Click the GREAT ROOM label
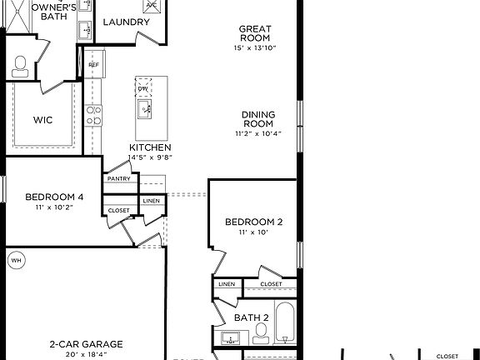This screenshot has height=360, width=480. click(x=254, y=32)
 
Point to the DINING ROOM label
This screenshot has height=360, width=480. click(x=258, y=119)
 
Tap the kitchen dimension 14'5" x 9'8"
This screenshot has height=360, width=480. click(x=150, y=156)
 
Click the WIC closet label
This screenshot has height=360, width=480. click(x=43, y=120)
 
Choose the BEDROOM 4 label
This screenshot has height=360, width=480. click(x=54, y=197)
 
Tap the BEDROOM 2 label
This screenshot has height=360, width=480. click(x=254, y=222)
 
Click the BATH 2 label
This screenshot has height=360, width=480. click(x=251, y=317)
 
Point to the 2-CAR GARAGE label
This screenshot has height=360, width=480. click(x=86, y=343)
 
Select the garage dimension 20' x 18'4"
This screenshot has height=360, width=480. click(x=86, y=353)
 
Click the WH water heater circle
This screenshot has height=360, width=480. click(x=16, y=261)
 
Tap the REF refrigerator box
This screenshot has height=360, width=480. click(x=93, y=64)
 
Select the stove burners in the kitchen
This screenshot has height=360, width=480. click(x=94, y=114)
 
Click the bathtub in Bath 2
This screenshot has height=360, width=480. click(x=284, y=325)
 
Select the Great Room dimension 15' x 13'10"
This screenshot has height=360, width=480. click(x=254, y=48)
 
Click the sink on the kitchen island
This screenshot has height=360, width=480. click(x=144, y=109)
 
